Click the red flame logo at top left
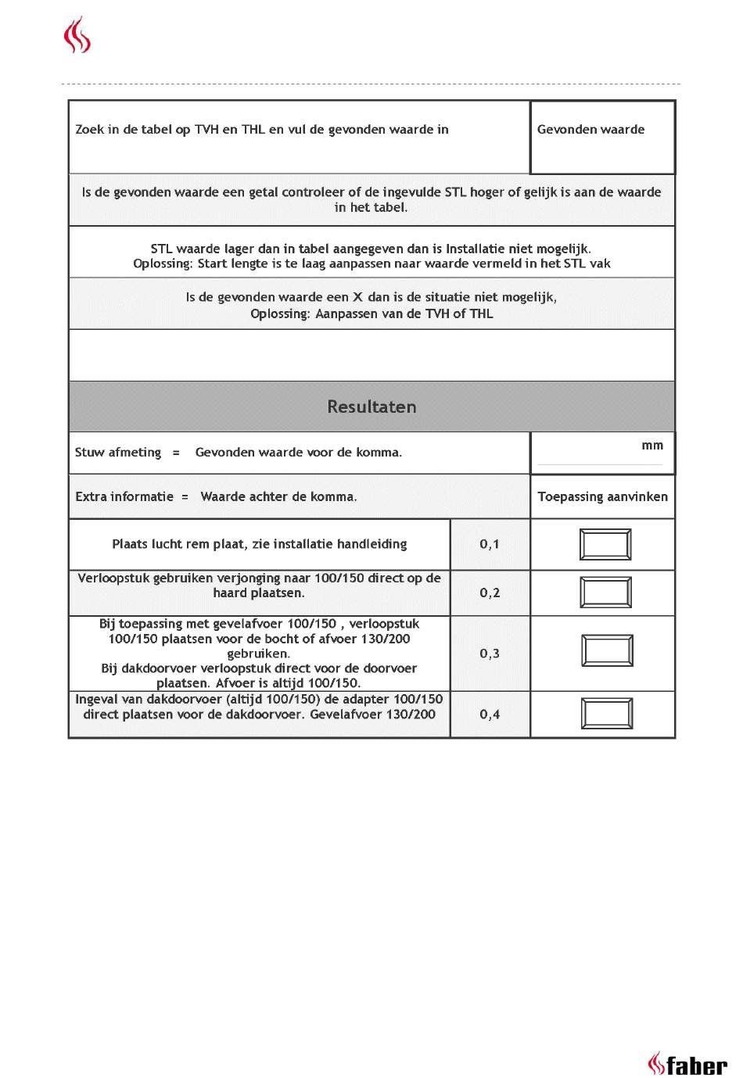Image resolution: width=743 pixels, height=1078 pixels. pos(77,36)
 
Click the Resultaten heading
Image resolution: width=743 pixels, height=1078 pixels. pos(371,406)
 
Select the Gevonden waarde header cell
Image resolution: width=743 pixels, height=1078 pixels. pos(590,130)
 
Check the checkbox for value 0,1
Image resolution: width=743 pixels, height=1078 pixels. pos(605,545)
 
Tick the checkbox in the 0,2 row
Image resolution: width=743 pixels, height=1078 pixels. pos(605,593)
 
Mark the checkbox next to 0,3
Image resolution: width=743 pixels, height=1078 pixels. pos(607,651)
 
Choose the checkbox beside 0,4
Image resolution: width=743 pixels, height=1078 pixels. pos(607,714)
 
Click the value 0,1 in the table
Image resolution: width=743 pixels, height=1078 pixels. pos(490,544)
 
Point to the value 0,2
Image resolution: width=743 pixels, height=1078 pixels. pos(490,593)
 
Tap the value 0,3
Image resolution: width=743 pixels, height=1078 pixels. pos(490,654)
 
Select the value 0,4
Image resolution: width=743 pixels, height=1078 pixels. pos(490,714)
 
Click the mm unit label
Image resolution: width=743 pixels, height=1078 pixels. pos(652,446)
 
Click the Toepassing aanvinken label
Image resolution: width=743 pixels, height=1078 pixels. pos(602,496)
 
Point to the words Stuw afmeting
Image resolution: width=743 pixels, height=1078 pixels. pos(118,452)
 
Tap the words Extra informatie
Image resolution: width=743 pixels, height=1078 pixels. pos(124,496)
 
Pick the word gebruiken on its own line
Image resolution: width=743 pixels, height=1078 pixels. pos(259,654)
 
